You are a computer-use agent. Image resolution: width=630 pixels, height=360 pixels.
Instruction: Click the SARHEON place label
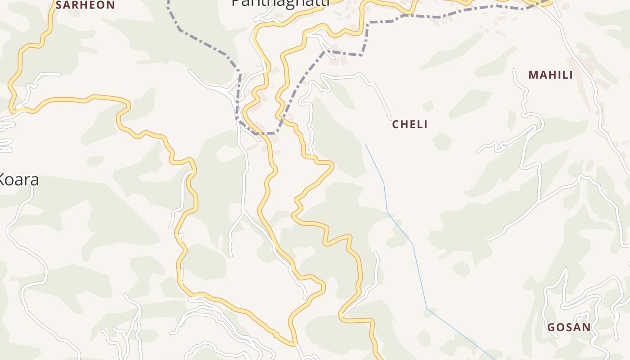point(85,5)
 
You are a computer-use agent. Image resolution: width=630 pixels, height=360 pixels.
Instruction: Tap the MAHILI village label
point(550,75)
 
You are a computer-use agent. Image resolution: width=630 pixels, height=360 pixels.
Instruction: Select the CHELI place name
point(409,125)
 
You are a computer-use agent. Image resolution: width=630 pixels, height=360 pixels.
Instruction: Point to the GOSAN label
point(569,328)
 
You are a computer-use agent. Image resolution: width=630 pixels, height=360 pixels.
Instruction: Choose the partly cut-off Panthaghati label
point(280,3)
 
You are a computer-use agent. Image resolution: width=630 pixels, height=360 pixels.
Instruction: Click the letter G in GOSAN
point(551,328)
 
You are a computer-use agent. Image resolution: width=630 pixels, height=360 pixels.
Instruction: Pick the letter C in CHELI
point(396,125)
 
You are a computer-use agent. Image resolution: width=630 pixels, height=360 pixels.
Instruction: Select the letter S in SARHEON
point(59,5)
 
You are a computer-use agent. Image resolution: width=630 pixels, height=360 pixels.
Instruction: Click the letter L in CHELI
point(418,125)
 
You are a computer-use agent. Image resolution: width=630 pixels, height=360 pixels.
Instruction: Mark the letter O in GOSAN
point(560,328)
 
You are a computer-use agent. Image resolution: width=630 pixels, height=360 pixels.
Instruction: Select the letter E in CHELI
point(411,125)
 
